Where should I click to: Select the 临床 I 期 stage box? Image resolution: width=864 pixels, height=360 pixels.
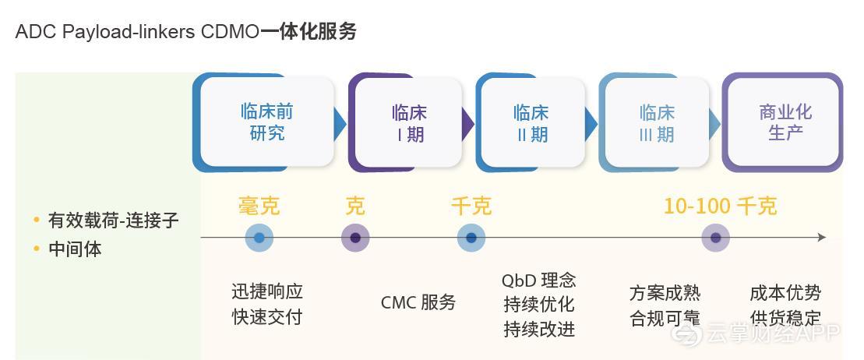[x=409, y=123]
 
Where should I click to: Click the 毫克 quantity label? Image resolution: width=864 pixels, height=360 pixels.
[x=259, y=206]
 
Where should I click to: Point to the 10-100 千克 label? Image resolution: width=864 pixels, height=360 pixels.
[x=720, y=206]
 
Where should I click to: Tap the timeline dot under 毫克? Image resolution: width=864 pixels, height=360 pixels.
[x=259, y=238]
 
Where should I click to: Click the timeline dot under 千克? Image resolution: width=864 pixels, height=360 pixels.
[x=471, y=238]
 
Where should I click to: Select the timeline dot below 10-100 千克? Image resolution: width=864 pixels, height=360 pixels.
[x=715, y=238]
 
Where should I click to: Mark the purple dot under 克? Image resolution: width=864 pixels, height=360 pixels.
[x=355, y=238]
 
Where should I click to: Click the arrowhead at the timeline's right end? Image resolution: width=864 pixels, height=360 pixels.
[x=821, y=237]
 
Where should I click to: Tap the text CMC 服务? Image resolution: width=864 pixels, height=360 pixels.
[x=418, y=302]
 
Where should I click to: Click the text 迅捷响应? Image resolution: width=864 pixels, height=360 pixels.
[x=266, y=292]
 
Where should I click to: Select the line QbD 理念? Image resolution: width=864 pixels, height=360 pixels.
[x=538, y=281]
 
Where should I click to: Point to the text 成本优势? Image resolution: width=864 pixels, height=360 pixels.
[x=785, y=293]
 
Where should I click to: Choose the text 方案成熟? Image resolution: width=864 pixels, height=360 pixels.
[x=665, y=293]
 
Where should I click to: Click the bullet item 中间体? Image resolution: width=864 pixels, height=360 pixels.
[x=75, y=249]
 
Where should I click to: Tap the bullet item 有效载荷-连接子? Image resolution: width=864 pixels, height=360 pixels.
[x=113, y=221]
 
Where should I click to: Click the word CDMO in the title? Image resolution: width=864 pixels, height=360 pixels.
[x=230, y=32]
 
